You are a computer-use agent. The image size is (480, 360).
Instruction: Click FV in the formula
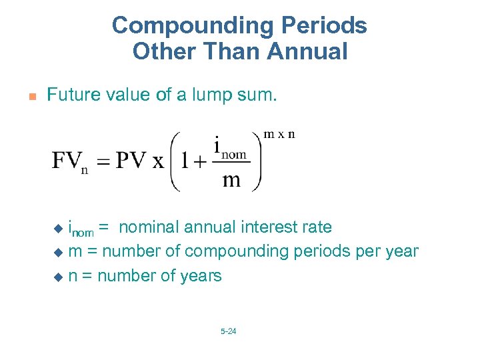[67, 161]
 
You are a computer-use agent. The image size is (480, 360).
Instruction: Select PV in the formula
[130, 161]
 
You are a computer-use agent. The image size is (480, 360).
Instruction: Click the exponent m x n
[279, 134]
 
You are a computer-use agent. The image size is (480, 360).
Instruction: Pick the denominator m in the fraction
[231, 180]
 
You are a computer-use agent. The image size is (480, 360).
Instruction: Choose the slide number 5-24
[228, 331]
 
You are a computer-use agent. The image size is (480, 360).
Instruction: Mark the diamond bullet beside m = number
[57, 253]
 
